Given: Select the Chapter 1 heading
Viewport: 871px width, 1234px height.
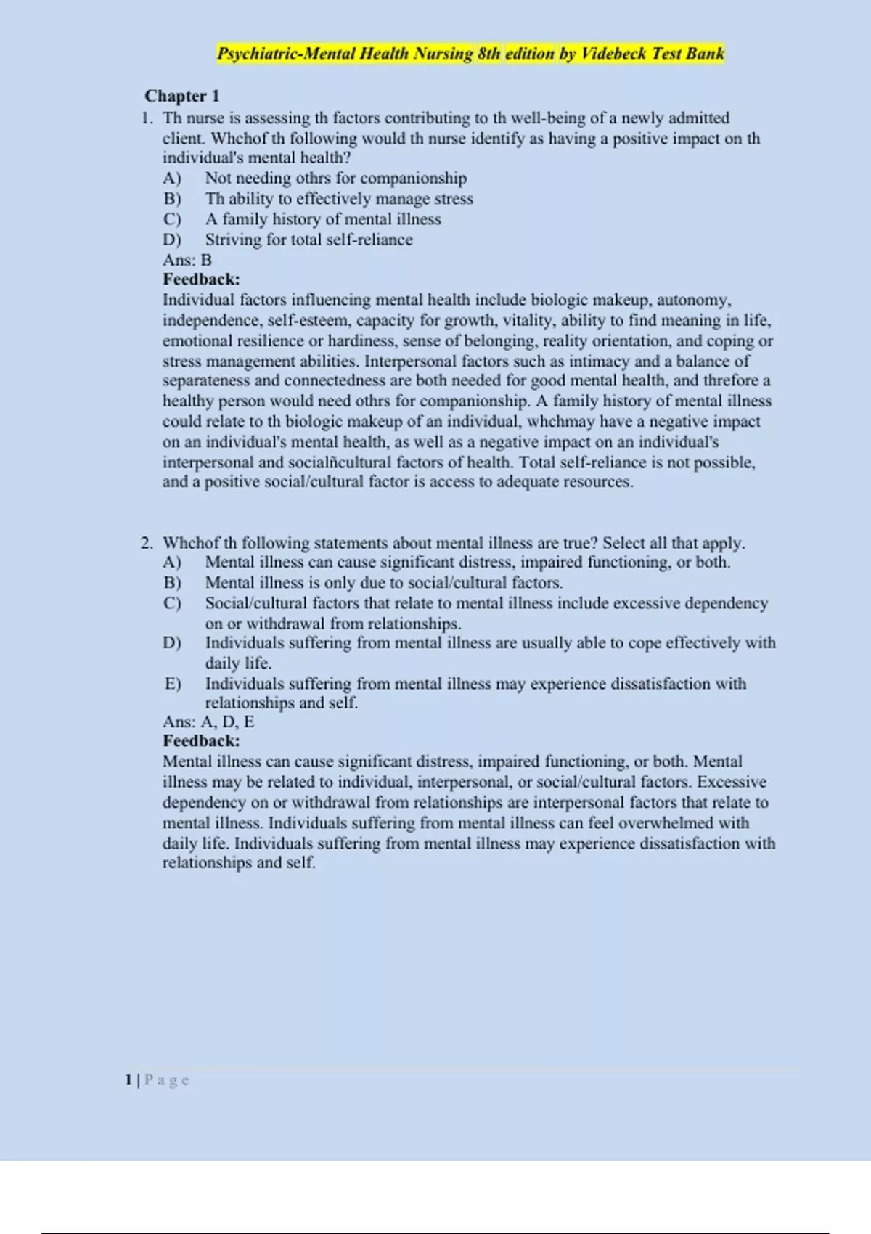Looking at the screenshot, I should point(182,96).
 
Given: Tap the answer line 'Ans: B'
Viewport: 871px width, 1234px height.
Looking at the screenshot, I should point(187,260).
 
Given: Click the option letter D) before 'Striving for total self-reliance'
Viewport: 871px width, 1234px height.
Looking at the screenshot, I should point(172,240).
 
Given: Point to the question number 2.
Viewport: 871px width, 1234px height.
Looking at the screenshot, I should point(147,543).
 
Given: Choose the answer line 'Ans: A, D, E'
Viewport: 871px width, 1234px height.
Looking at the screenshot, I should point(208,722).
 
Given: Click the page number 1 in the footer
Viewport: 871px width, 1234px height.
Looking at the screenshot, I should point(128,1080).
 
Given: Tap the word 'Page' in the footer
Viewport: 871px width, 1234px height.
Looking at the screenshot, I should point(167,1080).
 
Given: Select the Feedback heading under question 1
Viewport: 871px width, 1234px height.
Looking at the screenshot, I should point(201,279).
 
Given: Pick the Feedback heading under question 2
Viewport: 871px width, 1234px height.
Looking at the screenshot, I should point(201,741).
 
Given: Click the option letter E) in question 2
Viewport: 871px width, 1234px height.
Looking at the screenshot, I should point(172,684).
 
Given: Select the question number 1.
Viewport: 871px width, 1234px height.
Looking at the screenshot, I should point(147,118).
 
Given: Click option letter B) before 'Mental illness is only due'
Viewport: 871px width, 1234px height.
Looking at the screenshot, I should point(172,583).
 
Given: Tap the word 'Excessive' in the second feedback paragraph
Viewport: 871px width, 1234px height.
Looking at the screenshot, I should point(732,783).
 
